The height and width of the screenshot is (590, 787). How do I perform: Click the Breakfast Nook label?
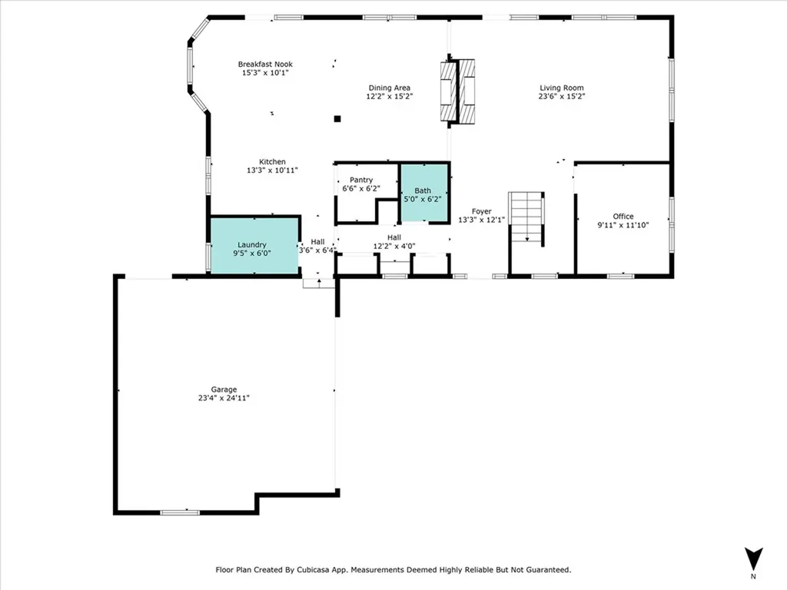coord(265,65)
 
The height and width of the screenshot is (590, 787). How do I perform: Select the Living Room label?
coord(562,88)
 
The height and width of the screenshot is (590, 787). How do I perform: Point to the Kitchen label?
coord(272,162)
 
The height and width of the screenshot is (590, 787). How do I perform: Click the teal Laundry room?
coord(254,245)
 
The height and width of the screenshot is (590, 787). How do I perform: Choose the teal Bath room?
coord(423,194)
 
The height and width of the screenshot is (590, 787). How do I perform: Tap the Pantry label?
coord(361,180)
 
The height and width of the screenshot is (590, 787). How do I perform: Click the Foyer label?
coord(481,211)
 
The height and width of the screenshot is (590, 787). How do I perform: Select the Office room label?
coord(623,217)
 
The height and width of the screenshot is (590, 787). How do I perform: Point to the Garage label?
coord(224,389)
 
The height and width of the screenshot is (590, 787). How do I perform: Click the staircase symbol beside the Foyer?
coord(527,218)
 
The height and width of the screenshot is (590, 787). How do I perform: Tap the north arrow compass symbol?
coord(753,559)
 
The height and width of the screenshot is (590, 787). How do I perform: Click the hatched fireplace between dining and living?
coord(457,91)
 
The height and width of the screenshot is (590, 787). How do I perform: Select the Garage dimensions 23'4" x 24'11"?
coord(224,398)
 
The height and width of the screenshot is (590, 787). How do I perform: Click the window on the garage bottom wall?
coord(180,512)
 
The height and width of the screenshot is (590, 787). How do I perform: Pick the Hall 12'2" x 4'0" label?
coord(394,242)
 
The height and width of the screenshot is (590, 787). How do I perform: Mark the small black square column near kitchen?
coord(337,118)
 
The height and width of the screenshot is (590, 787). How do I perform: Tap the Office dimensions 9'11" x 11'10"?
coord(623,225)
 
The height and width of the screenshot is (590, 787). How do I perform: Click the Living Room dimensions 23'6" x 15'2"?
coord(562,97)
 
